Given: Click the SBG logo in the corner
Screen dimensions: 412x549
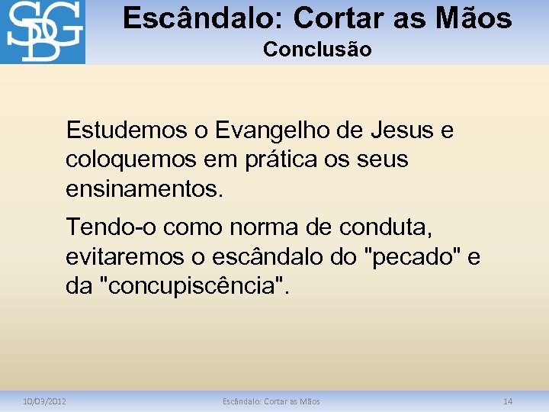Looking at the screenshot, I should [42, 31].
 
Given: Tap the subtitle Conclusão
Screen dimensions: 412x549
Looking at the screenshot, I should [317, 50].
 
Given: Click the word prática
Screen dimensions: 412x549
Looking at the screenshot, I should [278, 159].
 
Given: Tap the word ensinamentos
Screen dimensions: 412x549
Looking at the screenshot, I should [145, 188].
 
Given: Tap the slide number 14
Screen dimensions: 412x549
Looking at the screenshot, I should [508, 401].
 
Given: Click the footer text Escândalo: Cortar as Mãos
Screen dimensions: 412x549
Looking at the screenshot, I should [271, 401].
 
